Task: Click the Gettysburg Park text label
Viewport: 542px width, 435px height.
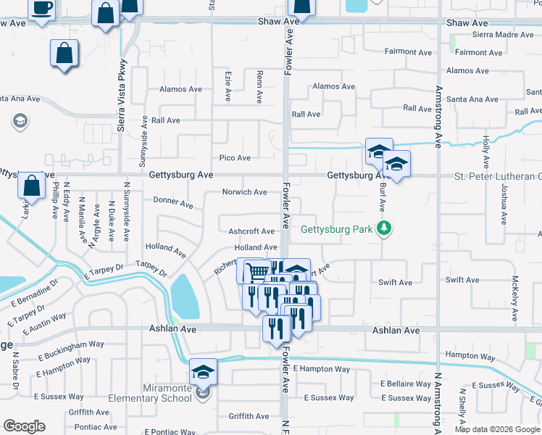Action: click(x=336, y=230)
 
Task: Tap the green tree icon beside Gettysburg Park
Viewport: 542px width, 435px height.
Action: click(x=384, y=229)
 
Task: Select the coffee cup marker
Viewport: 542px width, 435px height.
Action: click(x=41, y=9)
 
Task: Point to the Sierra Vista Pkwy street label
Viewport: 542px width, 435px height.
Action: click(x=121, y=95)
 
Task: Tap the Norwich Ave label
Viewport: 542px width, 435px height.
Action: click(x=245, y=192)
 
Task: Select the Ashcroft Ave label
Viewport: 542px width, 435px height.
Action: click(x=251, y=231)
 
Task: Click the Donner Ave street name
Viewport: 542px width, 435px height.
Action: click(x=173, y=202)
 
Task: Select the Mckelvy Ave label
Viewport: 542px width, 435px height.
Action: click(x=514, y=298)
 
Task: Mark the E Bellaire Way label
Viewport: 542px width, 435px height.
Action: click(x=406, y=384)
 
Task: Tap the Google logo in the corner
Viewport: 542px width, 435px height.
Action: click(x=24, y=426)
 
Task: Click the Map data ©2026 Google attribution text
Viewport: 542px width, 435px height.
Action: click(x=497, y=429)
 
